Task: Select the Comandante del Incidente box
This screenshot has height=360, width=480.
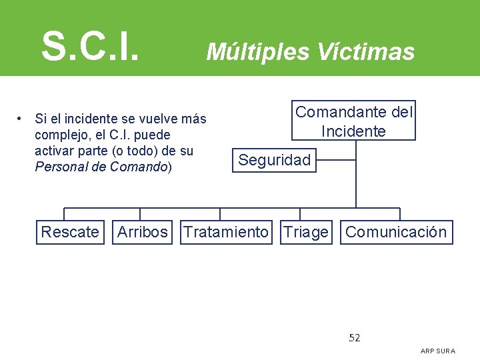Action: click(355, 121)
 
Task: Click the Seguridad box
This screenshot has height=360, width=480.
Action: click(275, 160)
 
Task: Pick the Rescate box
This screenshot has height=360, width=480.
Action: click(70, 232)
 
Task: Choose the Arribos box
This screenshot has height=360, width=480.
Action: click(143, 232)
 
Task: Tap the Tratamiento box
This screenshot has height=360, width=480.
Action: click(226, 232)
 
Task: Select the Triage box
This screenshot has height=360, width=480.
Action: click(306, 232)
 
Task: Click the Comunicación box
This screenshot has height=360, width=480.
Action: click(396, 232)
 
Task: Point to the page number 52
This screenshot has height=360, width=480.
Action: click(355, 338)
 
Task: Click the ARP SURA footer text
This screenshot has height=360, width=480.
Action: click(438, 351)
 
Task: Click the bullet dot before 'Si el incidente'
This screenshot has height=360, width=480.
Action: click(22, 119)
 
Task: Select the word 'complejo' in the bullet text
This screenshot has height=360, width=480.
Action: click(59, 135)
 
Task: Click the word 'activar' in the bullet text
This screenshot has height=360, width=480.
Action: click(55, 151)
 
